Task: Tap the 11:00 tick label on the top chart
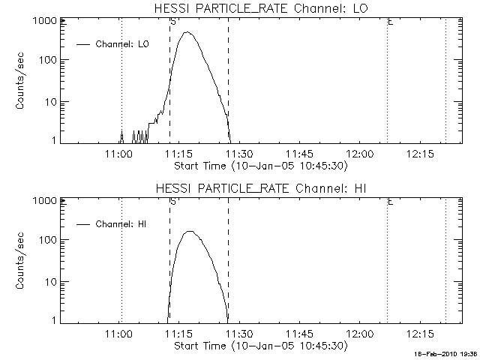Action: (120, 154)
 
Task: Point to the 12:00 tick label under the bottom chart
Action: (361, 334)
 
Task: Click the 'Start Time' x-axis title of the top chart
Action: (259, 165)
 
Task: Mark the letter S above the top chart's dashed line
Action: (173, 22)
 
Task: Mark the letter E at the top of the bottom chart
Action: (390, 202)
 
